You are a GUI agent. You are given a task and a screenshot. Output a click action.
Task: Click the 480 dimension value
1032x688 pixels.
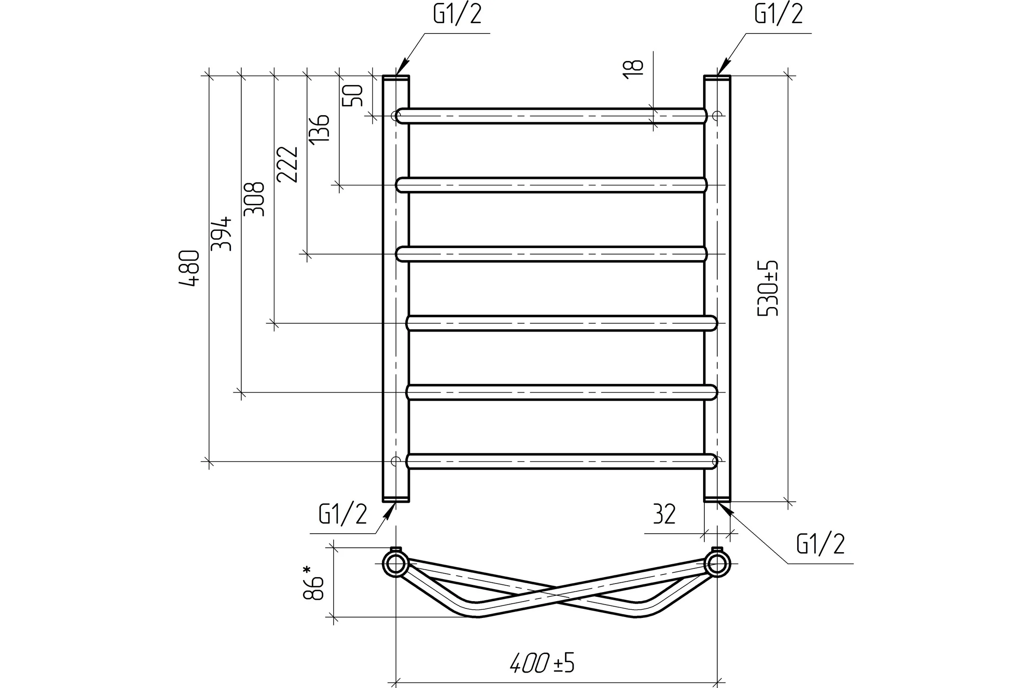pyautogui.click(x=190, y=268)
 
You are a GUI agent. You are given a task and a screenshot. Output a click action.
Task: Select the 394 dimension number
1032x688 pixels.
pyautogui.click(x=221, y=233)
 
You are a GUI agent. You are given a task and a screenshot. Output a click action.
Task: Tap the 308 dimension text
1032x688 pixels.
pyautogui.click(x=254, y=199)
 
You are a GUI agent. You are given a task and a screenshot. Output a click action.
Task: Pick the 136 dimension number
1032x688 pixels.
pyautogui.click(x=319, y=128)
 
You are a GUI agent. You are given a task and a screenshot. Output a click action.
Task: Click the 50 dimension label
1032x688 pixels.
pyautogui.click(x=352, y=95)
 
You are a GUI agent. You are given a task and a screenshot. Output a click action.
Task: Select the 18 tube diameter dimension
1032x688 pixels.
pyautogui.click(x=633, y=69)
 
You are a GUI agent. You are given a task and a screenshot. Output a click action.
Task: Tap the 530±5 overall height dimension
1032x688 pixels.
pyautogui.click(x=768, y=288)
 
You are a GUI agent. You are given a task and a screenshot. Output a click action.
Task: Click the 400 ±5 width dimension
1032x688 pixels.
pyautogui.click(x=542, y=663)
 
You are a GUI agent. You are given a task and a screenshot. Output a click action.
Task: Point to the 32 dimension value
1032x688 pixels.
pyautogui.click(x=664, y=514)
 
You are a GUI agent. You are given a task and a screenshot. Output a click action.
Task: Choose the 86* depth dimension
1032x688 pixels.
pyautogui.click(x=313, y=583)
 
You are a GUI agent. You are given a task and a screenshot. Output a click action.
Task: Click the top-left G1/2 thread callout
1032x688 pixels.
pyautogui.click(x=458, y=14)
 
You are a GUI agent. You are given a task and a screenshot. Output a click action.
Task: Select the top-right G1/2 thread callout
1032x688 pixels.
pyautogui.click(x=779, y=14)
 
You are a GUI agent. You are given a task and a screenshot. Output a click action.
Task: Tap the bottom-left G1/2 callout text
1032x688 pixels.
pyautogui.click(x=343, y=514)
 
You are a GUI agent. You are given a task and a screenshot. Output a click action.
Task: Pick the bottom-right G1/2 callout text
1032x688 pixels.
pyautogui.click(x=820, y=544)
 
